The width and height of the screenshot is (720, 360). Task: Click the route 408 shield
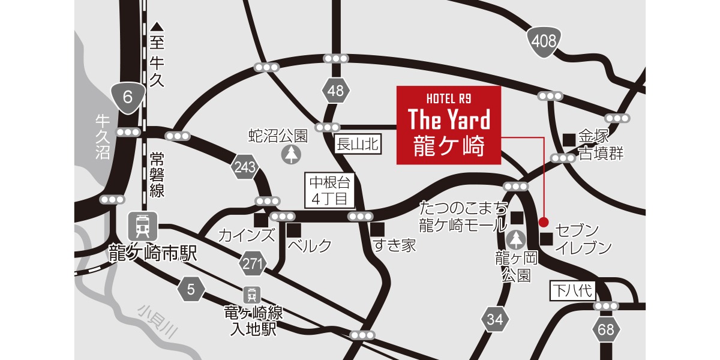pos(544,41)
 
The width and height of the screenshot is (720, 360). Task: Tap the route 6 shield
pos(127,97)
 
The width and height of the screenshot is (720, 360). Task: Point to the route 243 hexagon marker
pos(246,169)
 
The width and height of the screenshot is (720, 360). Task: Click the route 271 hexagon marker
pos(253,262)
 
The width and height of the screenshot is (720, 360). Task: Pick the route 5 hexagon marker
pos(191,290)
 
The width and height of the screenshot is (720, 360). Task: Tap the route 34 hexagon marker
pos(495,320)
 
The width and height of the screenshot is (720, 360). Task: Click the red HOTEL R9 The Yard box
pos(448,125)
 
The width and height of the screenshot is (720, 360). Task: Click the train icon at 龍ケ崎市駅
pos(143,226)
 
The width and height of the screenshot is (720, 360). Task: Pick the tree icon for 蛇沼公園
pos(290,154)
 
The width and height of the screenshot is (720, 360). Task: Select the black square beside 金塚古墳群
pos(569,139)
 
